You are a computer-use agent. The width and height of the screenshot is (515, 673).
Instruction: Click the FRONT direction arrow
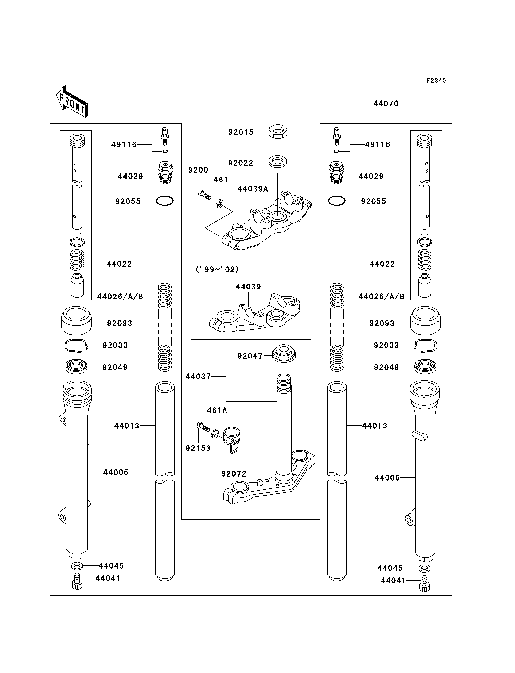(x=72, y=101)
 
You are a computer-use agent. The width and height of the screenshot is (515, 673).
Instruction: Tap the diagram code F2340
(x=436, y=81)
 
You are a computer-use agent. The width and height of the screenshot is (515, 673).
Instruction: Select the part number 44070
(x=386, y=104)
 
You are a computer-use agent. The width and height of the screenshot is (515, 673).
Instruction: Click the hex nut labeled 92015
(x=278, y=132)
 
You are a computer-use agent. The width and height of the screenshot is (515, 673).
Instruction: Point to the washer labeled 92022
(x=278, y=162)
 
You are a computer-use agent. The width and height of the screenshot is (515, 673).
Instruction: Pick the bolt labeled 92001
(x=204, y=195)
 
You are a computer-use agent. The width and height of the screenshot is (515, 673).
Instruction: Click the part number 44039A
(x=253, y=189)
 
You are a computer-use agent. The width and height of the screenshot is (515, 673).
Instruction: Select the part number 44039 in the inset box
(x=248, y=287)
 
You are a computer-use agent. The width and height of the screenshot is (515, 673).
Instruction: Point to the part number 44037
(x=198, y=377)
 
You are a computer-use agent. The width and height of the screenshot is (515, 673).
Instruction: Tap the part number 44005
(x=116, y=472)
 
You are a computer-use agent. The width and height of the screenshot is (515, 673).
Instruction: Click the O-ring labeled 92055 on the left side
(x=165, y=201)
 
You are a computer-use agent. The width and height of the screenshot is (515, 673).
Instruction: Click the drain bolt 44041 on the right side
(x=424, y=584)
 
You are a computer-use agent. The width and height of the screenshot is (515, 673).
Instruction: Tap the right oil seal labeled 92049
(x=425, y=367)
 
